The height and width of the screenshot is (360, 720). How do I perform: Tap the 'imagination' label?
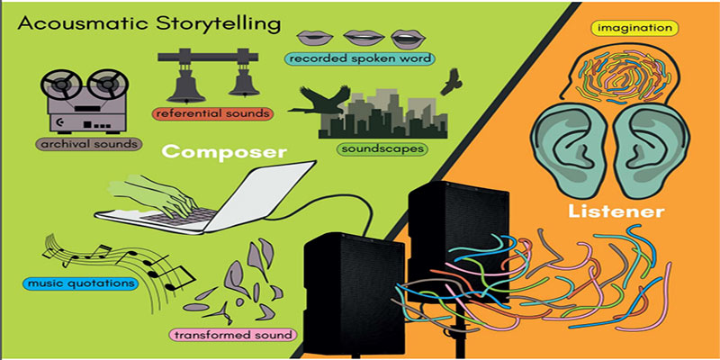[634, 29]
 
